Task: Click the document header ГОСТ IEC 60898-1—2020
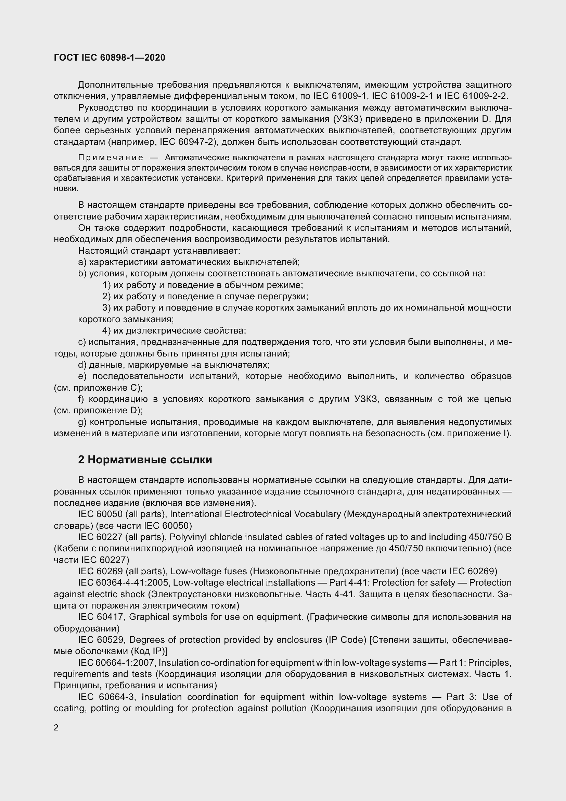point(110,58)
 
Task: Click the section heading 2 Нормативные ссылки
point(145,460)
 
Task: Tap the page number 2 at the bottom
point(56,728)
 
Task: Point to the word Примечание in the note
point(111,158)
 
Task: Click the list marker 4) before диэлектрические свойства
point(107,330)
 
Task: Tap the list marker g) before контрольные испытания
point(82,422)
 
